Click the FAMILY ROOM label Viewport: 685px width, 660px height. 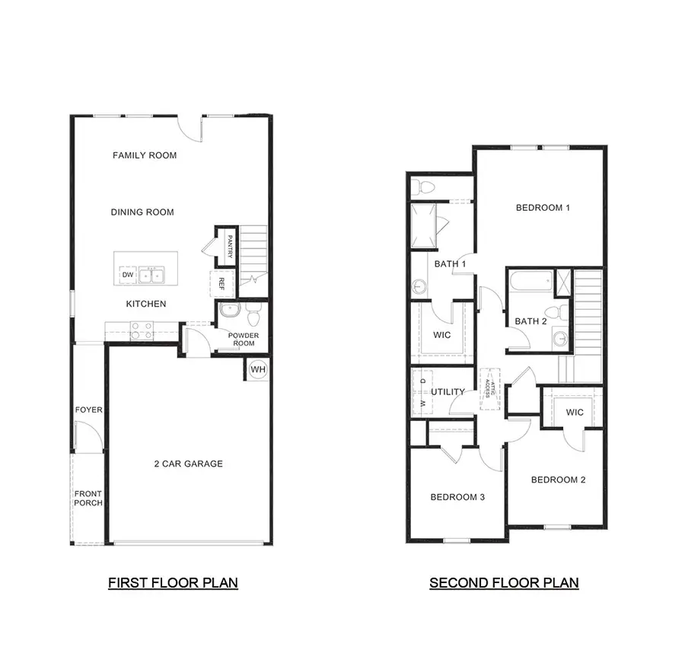[x=145, y=155]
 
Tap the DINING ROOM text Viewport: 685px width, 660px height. [x=142, y=212]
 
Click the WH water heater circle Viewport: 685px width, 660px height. [x=258, y=369]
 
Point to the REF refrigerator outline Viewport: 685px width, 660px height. [x=221, y=283]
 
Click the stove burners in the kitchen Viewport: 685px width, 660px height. [x=142, y=330]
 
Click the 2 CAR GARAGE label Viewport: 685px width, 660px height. [x=188, y=464]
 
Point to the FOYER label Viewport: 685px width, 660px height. [x=88, y=410]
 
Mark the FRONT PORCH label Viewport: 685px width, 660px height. [x=88, y=498]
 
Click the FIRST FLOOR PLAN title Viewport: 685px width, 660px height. [x=173, y=583]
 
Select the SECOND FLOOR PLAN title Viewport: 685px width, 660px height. [x=504, y=583]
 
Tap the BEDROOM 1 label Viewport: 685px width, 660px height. [x=543, y=208]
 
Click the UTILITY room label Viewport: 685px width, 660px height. [x=448, y=392]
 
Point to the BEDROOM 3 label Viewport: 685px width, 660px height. [x=457, y=497]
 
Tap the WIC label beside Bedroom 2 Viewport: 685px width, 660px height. [x=575, y=413]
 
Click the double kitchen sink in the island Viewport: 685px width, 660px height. [x=151, y=275]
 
